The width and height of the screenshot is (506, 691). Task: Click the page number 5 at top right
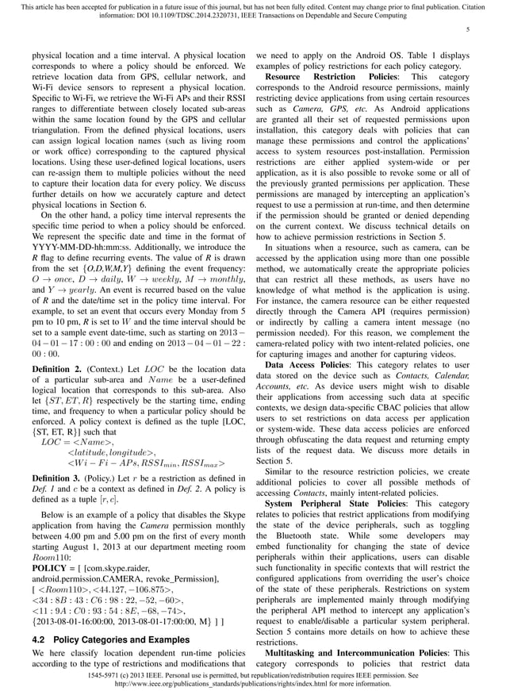tap(468, 30)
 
